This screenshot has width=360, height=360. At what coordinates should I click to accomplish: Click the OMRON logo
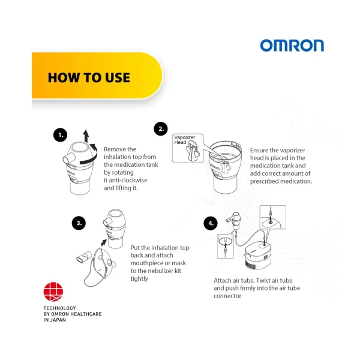pos(292,46)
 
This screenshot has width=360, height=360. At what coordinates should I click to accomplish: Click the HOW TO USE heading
pos(88,77)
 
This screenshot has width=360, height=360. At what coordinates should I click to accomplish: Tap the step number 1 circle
pos(59,135)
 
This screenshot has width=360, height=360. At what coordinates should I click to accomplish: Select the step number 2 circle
pos(160,128)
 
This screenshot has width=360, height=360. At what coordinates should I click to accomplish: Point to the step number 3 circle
pos(79,223)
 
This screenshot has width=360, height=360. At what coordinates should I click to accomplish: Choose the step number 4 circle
pos(209,223)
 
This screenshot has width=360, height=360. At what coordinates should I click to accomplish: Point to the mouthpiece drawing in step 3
pos(81,259)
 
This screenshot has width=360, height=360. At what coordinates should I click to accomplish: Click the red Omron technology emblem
pos(52,293)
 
